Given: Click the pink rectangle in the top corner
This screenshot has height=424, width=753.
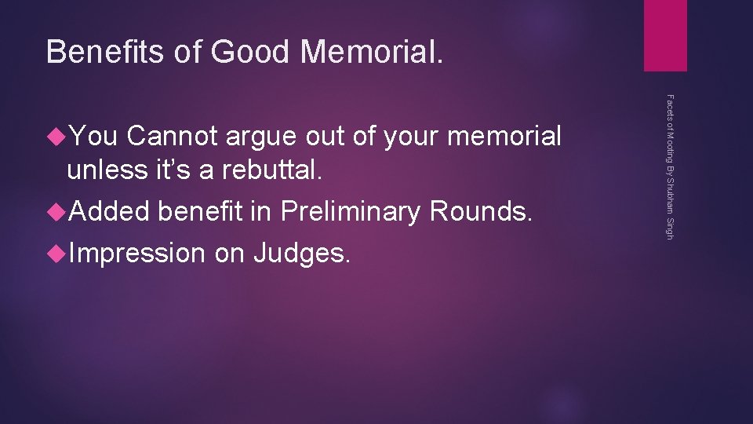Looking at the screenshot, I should coord(665,35).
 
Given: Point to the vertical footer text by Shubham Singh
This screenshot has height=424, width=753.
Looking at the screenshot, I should coord(669,167).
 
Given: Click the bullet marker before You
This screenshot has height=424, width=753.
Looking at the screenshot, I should coord(56,137).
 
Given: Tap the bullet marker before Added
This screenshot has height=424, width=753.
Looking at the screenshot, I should coord(56,211).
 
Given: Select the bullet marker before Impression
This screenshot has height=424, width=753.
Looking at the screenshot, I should coord(56,253).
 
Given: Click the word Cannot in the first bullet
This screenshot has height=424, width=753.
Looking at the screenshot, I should coord(173,137).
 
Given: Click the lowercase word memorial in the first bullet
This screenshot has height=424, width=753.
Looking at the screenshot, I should coord(504,137).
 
